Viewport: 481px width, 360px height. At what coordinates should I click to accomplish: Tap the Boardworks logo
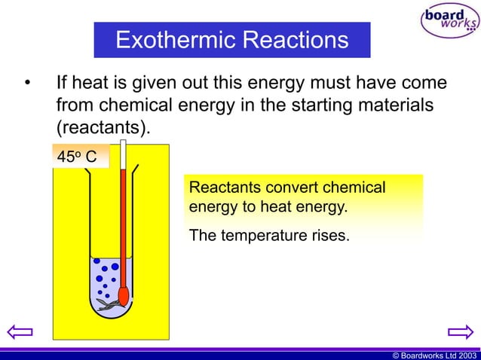point(449,20)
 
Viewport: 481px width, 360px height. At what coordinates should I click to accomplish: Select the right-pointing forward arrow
point(460,331)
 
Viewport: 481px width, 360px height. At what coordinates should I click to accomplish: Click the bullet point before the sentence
point(27,82)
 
